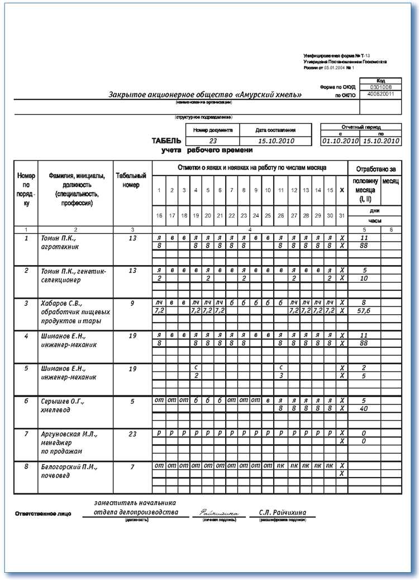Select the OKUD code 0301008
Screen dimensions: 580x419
[x=380, y=87]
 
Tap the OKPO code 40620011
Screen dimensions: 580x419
[x=380, y=95]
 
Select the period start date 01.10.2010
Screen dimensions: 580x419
[x=340, y=141]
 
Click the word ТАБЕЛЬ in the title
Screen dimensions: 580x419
[x=166, y=141]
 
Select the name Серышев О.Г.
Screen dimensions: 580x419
[x=61, y=402]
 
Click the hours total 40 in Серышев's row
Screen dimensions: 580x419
[x=364, y=408]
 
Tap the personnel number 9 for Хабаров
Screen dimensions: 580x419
[x=132, y=304]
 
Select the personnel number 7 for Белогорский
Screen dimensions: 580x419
[x=132, y=466]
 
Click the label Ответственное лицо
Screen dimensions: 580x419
[x=43, y=513]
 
